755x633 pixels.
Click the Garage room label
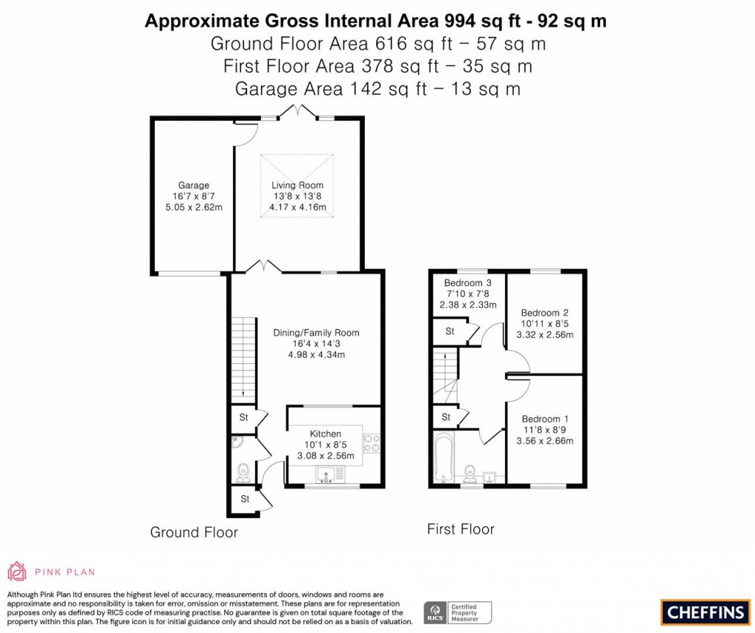click(x=193, y=185)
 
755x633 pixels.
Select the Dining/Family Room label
click(x=316, y=332)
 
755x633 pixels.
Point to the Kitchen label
click(x=325, y=433)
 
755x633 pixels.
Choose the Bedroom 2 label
click(x=545, y=312)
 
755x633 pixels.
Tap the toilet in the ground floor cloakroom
click(x=243, y=472)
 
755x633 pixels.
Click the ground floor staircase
click(x=243, y=360)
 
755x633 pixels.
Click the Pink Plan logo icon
click(x=17, y=571)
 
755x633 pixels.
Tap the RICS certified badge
click(x=457, y=612)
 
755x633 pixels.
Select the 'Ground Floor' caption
click(x=194, y=532)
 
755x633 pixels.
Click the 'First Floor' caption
click(x=461, y=529)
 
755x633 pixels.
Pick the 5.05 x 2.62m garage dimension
click(x=193, y=207)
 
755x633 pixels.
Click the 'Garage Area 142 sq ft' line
click(x=377, y=89)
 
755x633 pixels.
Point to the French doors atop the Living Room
click(x=298, y=113)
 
